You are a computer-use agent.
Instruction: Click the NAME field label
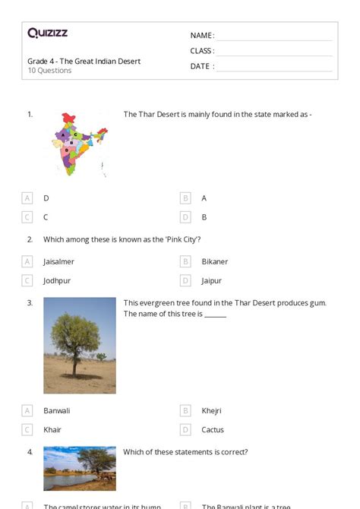(x=202, y=36)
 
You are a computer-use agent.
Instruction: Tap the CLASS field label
(x=202, y=51)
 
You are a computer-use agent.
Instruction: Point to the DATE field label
(x=202, y=66)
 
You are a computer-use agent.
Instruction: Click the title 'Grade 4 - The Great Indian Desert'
(x=84, y=61)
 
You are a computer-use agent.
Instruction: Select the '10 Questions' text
(x=49, y=71)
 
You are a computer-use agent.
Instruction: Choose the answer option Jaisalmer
(x=58, y=261)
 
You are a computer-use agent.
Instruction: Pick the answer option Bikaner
(x=215, y=261)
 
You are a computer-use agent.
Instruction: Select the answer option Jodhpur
(x=57, y=280)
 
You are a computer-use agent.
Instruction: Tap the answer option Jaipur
(x=212, y=280)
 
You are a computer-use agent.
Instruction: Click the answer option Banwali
(x=56, y=410)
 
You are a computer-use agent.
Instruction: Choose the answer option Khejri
(x=211, y=410)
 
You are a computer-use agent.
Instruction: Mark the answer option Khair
(x=52, y=429)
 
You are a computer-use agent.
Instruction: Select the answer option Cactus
(x=213, y=429)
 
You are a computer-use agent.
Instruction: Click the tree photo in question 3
(x=80, y=345)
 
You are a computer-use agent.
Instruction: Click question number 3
(x=30, y=302)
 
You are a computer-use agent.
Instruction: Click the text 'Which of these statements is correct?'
(x=185, y=452)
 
